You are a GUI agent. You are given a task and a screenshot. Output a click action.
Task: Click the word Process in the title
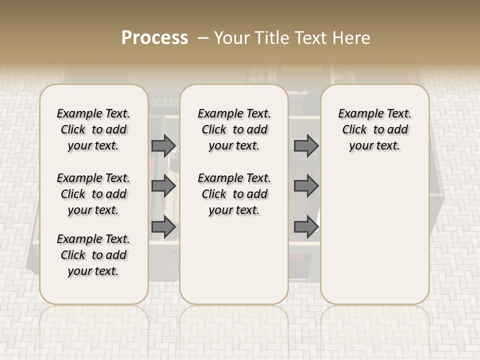(154, 38)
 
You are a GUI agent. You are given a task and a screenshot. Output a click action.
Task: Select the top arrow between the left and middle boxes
(163, 146)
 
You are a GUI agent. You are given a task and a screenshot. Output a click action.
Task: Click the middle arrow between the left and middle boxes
(163, 186)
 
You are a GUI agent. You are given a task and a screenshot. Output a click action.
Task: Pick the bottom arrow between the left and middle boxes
(163, 227)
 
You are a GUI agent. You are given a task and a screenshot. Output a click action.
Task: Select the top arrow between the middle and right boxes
(306, 146)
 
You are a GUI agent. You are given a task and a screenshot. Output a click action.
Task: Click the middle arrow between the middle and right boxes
(306, 186)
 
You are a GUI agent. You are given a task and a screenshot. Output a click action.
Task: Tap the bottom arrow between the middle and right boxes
(306, 227)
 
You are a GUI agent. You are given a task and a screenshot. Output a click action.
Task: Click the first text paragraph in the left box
(93, 129)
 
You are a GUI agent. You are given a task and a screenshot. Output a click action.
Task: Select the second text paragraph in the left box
(93, 194)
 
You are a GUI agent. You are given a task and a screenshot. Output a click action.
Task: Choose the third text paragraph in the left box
(93, 255)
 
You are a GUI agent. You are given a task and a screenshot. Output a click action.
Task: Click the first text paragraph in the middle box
(234, 129)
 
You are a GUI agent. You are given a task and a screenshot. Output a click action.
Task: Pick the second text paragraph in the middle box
(234, 194)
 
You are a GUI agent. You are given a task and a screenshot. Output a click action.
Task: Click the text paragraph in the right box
(375, 129)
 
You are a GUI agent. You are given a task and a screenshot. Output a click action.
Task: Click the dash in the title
(203, 38)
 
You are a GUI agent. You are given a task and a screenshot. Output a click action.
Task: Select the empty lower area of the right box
(375, 235)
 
